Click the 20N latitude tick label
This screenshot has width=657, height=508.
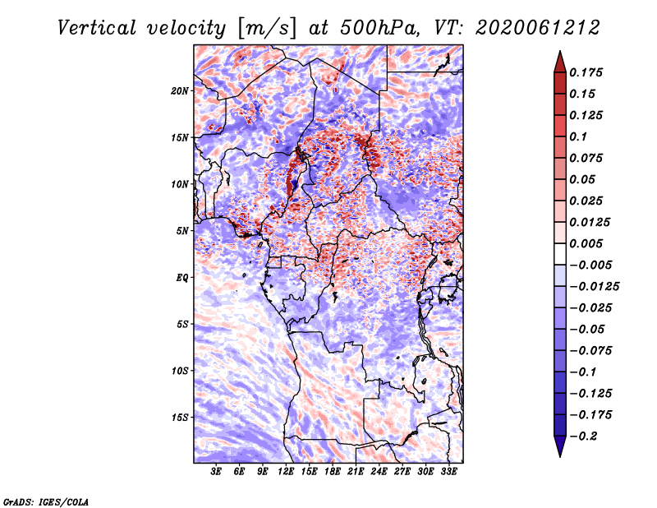(180, 91)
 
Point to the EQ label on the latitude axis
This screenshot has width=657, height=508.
(182, 278)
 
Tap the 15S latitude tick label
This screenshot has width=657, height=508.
(180, 418)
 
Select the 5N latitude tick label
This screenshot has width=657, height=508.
(182, 231)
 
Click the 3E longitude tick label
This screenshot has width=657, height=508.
(216, 471)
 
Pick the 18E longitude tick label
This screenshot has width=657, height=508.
(333, 471)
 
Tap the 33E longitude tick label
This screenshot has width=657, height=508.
(448, 471)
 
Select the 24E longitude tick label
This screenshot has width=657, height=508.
(379, 471)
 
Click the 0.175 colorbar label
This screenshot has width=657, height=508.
(586, 72)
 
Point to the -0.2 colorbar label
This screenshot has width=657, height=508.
(583, 436)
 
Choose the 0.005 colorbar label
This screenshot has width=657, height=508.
(586, 243)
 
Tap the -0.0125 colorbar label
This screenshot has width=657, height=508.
(594, 287)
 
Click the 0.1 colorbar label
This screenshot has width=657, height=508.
(578, 136)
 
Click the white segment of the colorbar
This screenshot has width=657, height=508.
(560, 254)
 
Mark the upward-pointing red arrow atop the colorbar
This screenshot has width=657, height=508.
(560, 62)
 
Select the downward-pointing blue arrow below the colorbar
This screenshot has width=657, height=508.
(560, 446)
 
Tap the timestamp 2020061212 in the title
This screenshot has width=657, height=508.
(538, 28)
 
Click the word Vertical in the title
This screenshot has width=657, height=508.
(97, 28)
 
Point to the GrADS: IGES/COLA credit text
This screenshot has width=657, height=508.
(46, 501)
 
